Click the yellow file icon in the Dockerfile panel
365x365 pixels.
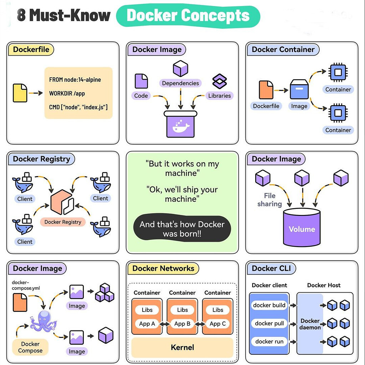[x=20, y=93]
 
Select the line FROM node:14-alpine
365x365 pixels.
[x=75, y=80]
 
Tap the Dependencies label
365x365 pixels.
[x=180, y=83]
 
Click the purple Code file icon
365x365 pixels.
[x=141, y=81]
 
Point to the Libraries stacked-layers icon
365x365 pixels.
[x=219, y=81]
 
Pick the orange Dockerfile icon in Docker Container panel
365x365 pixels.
[x=266, y=90]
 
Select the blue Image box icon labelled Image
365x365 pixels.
[x=299, y=89]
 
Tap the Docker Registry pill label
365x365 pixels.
[x=63, y=222]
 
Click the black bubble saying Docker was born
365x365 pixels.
[x=182, y=229]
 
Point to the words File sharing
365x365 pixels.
[x=269, y=200]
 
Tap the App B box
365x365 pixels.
[x=182, y=324]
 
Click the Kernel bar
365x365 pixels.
[x=182, y=347]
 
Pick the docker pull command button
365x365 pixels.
[x=269, y=323]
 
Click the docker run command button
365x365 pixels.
[x=269, y=341]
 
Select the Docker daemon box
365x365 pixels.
[x=309, y=324]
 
